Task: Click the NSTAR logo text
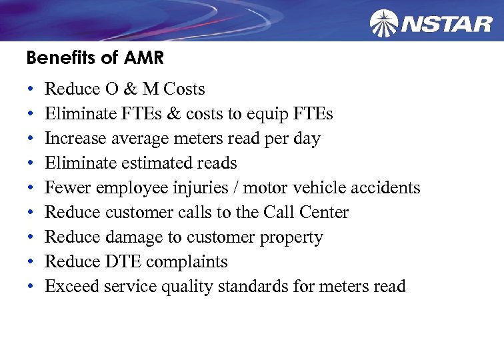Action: tap(447, 24)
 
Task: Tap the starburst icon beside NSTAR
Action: tap(384, 23)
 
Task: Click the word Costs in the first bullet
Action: tap(184, 89)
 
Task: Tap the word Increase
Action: tap(74, 139)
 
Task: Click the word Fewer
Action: tap(68, 188)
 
